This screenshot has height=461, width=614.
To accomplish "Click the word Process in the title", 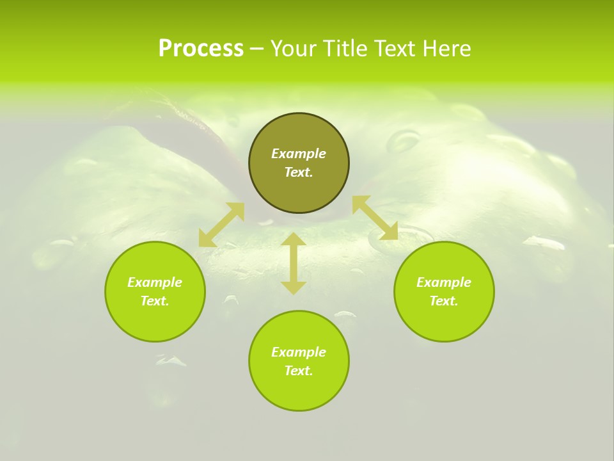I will pyautogui.click(x=201, y=49).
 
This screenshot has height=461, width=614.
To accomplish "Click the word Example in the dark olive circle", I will pyautogui.click(x=299, y=154).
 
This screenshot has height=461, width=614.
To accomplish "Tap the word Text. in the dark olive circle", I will pyautogui.click(x=299, y=172).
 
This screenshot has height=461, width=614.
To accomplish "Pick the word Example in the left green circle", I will pyautogui.click(x=155, y=282).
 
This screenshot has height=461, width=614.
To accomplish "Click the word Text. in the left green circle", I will pyautogui.click(x=155, y=301).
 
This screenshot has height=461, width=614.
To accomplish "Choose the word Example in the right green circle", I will pyautogui.click(x=444, y=282).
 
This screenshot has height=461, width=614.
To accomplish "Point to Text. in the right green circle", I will pyautogui.click(x=444, y=301).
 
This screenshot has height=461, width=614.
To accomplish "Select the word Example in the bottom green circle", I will pyautogui.click(x=299, y=352).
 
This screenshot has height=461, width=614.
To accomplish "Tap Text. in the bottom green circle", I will pyautogui.click(x=299, y=371).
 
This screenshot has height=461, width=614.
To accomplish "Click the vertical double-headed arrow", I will pyautogui.click(x=294, y=263).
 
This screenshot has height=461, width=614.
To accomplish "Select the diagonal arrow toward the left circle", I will pyautogui.click(x=221, y=225).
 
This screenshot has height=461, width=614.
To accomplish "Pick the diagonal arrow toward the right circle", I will pyautogui.click(x=375, y=218).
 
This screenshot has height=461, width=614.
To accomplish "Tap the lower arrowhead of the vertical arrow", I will pyautogui.click(x=294, y=287).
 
